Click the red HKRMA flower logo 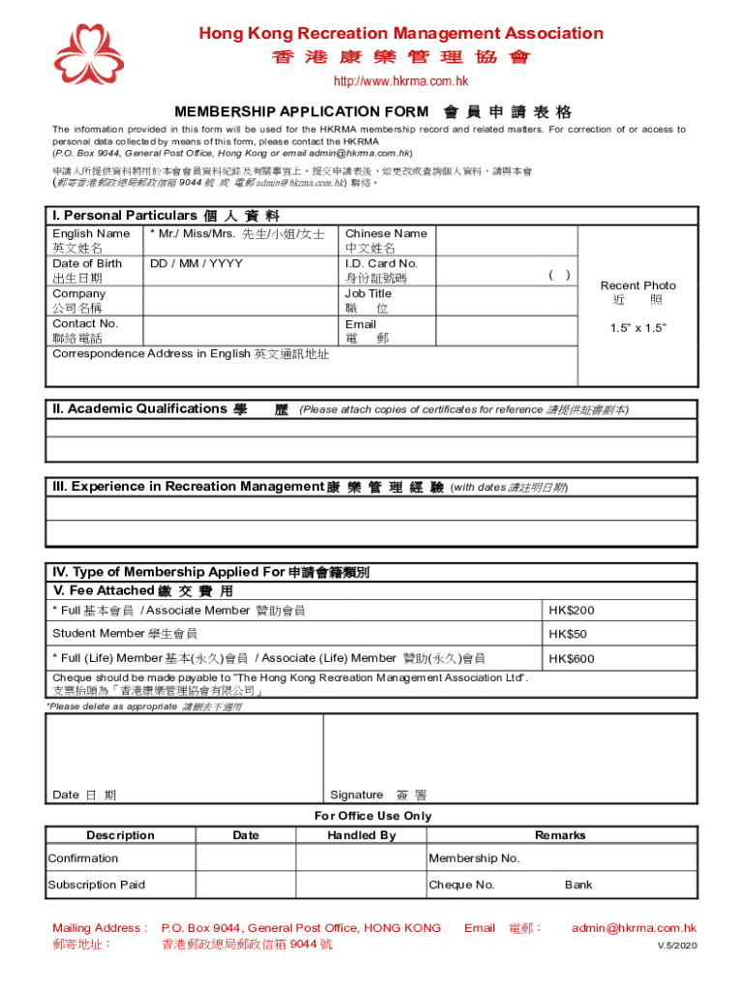pos(88,54)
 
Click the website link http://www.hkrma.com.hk pos(401,81)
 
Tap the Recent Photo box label pos(638,285)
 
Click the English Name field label pos(91,233)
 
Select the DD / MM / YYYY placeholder pos(195,263)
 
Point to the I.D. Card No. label pos(381,263)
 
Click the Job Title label pos(368,293)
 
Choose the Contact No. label pos(85,323)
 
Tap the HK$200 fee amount pos(571,611)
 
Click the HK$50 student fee pos(567,635)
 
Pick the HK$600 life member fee pos(571,659)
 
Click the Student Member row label pos(124,634)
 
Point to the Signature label pos(356,795)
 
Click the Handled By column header pos(361,835)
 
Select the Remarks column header pos(560,835)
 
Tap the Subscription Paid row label pos(97,885)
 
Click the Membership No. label pos(474,858)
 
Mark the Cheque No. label pos(462,885)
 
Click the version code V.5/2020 pos(677,945)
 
